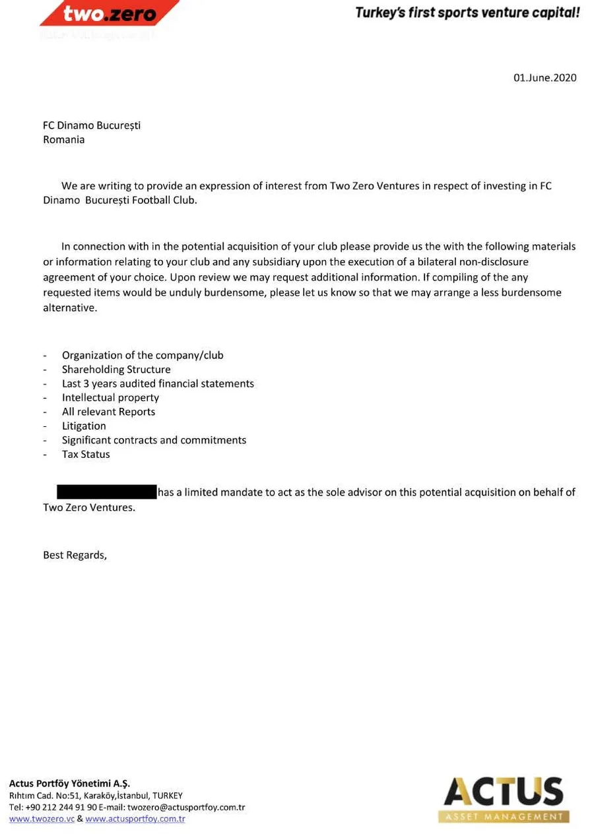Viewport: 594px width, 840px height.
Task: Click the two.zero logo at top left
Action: pos(110,13)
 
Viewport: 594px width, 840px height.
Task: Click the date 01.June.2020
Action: pos(544,78)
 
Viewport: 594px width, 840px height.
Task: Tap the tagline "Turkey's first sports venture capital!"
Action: pos(467,12)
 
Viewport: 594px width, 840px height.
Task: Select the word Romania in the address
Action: pos(63,140)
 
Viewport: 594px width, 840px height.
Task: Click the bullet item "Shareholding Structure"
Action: pos(116,370)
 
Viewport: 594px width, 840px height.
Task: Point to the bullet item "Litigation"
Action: pos(84,426)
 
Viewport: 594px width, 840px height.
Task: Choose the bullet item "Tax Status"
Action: pos(86,455)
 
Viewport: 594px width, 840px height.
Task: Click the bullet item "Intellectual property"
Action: pos(110,398)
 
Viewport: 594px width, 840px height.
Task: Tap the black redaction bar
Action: pos(106,492)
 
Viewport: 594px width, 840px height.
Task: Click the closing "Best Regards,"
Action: pos(75,555)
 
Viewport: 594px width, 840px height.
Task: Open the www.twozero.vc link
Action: pos(42,819)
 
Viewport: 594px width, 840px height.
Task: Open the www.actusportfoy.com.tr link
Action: pos(135,819)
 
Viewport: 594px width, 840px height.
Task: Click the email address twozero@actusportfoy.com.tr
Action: pos(186,807)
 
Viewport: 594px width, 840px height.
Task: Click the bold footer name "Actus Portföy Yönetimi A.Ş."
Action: pos(69,784)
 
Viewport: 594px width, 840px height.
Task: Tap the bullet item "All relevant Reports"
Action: pos(108,412)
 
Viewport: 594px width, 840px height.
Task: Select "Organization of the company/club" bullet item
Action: pos(143,356)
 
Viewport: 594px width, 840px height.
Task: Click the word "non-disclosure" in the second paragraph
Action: pos(496,262)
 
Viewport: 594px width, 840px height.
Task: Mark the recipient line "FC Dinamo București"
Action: pos(92,125)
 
